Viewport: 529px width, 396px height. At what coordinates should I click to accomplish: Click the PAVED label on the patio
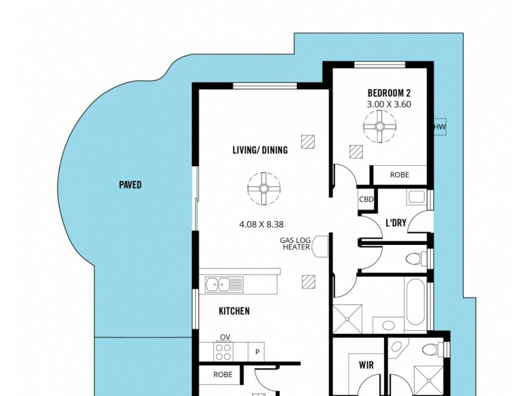[130, 185]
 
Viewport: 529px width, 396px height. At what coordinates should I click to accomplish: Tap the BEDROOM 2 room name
[389, 92]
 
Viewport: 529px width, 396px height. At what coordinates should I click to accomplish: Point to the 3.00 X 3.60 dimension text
[389, 104]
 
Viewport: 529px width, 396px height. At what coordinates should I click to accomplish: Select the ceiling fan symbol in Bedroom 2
[380, 127]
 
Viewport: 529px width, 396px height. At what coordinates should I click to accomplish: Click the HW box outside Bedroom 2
[439, 127]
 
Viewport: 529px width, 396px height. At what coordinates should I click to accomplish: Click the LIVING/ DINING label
[260, 150]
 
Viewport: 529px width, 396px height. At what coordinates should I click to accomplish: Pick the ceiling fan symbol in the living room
[263, 189]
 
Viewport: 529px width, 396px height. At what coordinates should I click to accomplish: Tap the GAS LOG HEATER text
[296, 244]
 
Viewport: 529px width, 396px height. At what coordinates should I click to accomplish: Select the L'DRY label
[395, 222]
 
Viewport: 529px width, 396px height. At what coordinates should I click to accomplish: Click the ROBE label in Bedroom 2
[399, 175]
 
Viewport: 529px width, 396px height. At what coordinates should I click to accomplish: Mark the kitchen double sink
[225, 284]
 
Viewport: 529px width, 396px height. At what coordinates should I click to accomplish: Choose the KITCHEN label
[234, 311]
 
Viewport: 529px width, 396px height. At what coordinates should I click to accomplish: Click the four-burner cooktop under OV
[224, 352]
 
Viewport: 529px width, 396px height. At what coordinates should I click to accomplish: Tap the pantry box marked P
[257, 352]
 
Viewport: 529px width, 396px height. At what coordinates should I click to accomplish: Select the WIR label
[366, 365]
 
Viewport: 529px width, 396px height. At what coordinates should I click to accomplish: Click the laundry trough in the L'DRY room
[417, 197]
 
